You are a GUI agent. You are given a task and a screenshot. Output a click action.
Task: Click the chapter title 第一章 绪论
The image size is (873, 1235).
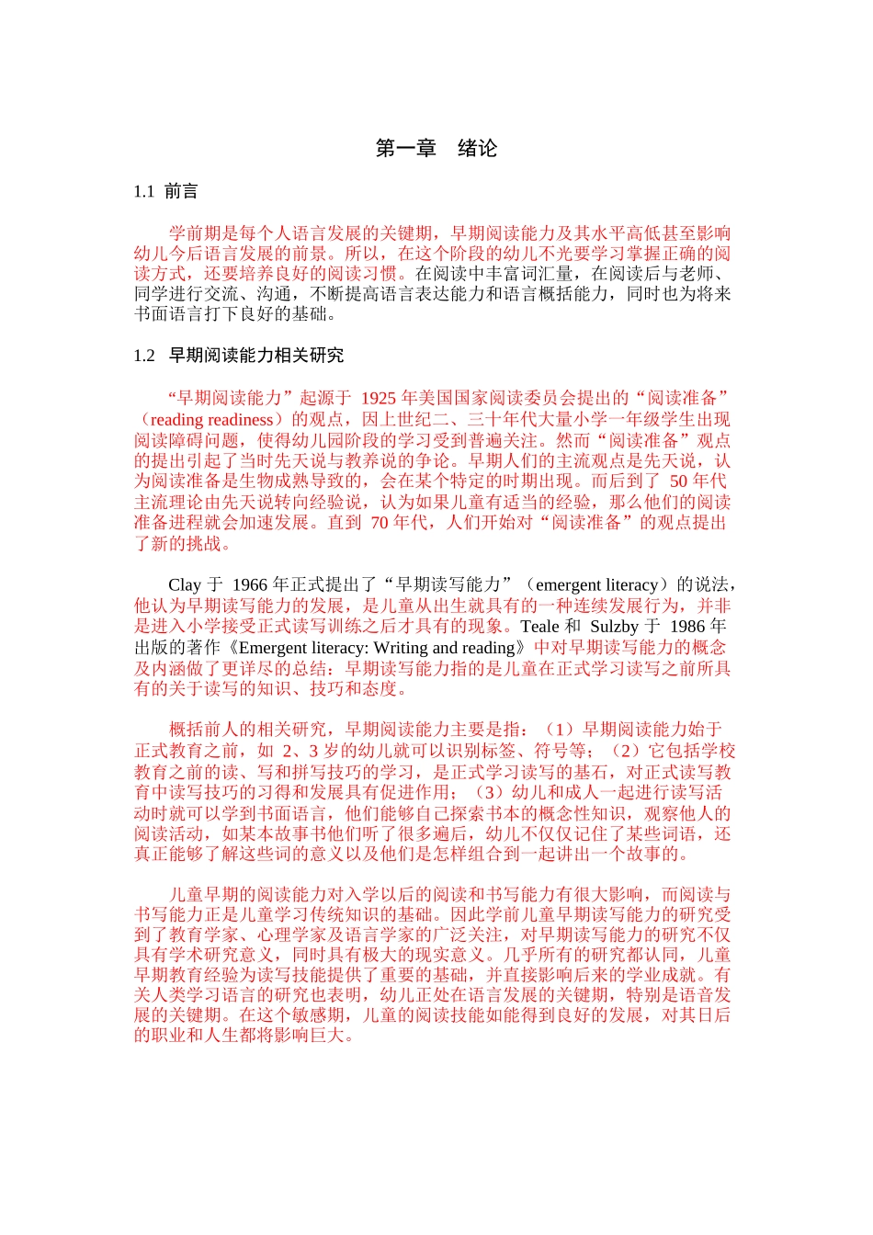click(x=436, y=149)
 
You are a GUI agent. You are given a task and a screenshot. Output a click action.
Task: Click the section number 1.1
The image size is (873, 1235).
click(x=143, y=191)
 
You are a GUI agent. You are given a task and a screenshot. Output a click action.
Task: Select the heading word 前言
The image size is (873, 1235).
click(x=181, y=191)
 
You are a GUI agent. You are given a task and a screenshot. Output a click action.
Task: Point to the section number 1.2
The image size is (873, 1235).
click(x=144, y=356)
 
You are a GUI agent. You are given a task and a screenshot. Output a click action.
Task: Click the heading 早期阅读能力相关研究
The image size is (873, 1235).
click(x=256, y=356)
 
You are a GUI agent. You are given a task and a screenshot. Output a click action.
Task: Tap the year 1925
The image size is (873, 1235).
click(x=378, y=398)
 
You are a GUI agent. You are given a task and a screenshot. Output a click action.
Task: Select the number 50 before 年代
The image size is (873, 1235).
click(x=678, y=481)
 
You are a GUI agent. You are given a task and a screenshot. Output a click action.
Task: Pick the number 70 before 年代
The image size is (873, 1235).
click(x=380, y=523)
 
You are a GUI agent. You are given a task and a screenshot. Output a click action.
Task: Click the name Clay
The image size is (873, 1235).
click(x=184, y=585)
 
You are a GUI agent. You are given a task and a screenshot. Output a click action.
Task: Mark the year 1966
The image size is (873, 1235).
click(x=250, y=585)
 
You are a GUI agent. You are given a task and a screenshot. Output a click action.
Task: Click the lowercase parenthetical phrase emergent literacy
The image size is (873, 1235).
click(x=596, y=585)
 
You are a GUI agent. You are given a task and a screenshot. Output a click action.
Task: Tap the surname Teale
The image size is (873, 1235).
click(x=539, y=627)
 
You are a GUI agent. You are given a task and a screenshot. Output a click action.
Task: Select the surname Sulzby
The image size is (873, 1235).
click(x=614, y=627)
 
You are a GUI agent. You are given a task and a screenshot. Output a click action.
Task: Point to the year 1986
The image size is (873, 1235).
click(x=688, y=627)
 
